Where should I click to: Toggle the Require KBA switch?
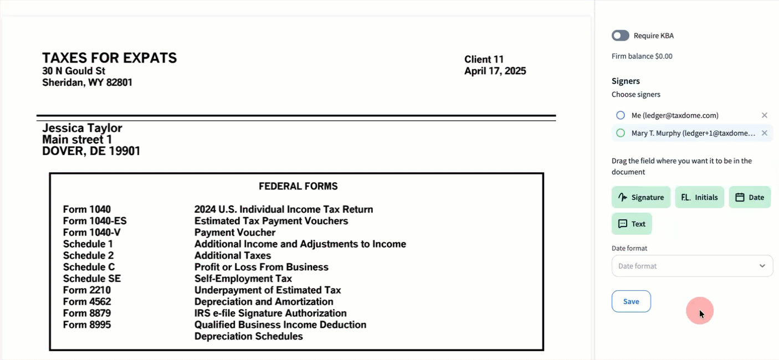pos(620,35)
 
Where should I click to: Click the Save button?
pos(631,301)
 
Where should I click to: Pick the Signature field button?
pos(641,197)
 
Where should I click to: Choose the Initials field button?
pos(699,197)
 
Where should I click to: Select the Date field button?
pos(750,197)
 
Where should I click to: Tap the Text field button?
pos(632,224)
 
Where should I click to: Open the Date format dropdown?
pos(692,266)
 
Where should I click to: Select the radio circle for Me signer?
pos(621,115)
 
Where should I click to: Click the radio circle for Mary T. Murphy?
pos(621,133)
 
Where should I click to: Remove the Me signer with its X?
pos(765,115)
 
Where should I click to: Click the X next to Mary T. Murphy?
pos(765,133)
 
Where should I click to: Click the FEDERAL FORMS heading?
pos(298,186)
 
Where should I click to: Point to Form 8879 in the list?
pos(87,313)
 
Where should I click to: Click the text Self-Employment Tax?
pos(243,279)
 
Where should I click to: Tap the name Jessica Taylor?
pos(82,128)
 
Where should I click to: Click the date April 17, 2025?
pos(495,71)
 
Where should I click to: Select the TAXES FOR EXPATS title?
pos(109,58)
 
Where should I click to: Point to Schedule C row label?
pos(88,267)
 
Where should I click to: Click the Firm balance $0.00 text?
pos(642,56)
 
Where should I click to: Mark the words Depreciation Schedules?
pos(248,336)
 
